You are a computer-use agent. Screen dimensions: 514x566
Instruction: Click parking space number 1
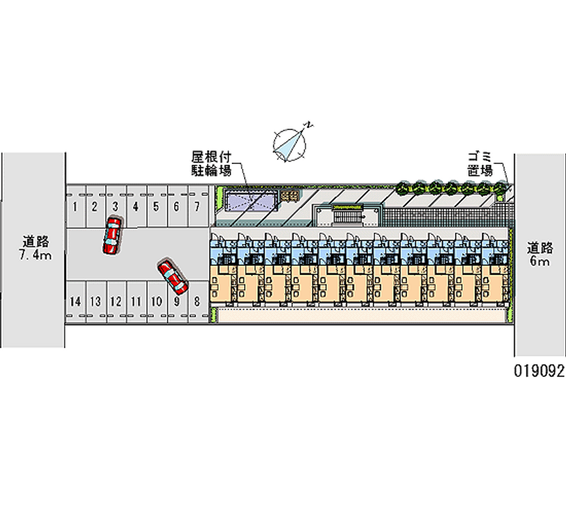74,206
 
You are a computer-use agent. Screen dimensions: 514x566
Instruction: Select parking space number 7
197,206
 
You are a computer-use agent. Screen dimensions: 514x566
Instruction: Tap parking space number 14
75,301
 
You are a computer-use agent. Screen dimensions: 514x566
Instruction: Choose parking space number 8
197,301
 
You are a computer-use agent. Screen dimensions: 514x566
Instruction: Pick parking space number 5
156,206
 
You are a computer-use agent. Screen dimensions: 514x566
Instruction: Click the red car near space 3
112,235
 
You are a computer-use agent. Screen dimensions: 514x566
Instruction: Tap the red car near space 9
173,276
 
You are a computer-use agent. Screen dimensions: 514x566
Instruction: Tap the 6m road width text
540,262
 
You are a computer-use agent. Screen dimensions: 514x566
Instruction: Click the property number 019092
539,373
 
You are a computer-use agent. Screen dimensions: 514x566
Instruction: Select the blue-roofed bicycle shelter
251,201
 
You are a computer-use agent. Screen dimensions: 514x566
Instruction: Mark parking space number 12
116,301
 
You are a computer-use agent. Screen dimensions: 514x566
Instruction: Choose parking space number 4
135,206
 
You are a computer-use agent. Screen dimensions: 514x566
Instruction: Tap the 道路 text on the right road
540,247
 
